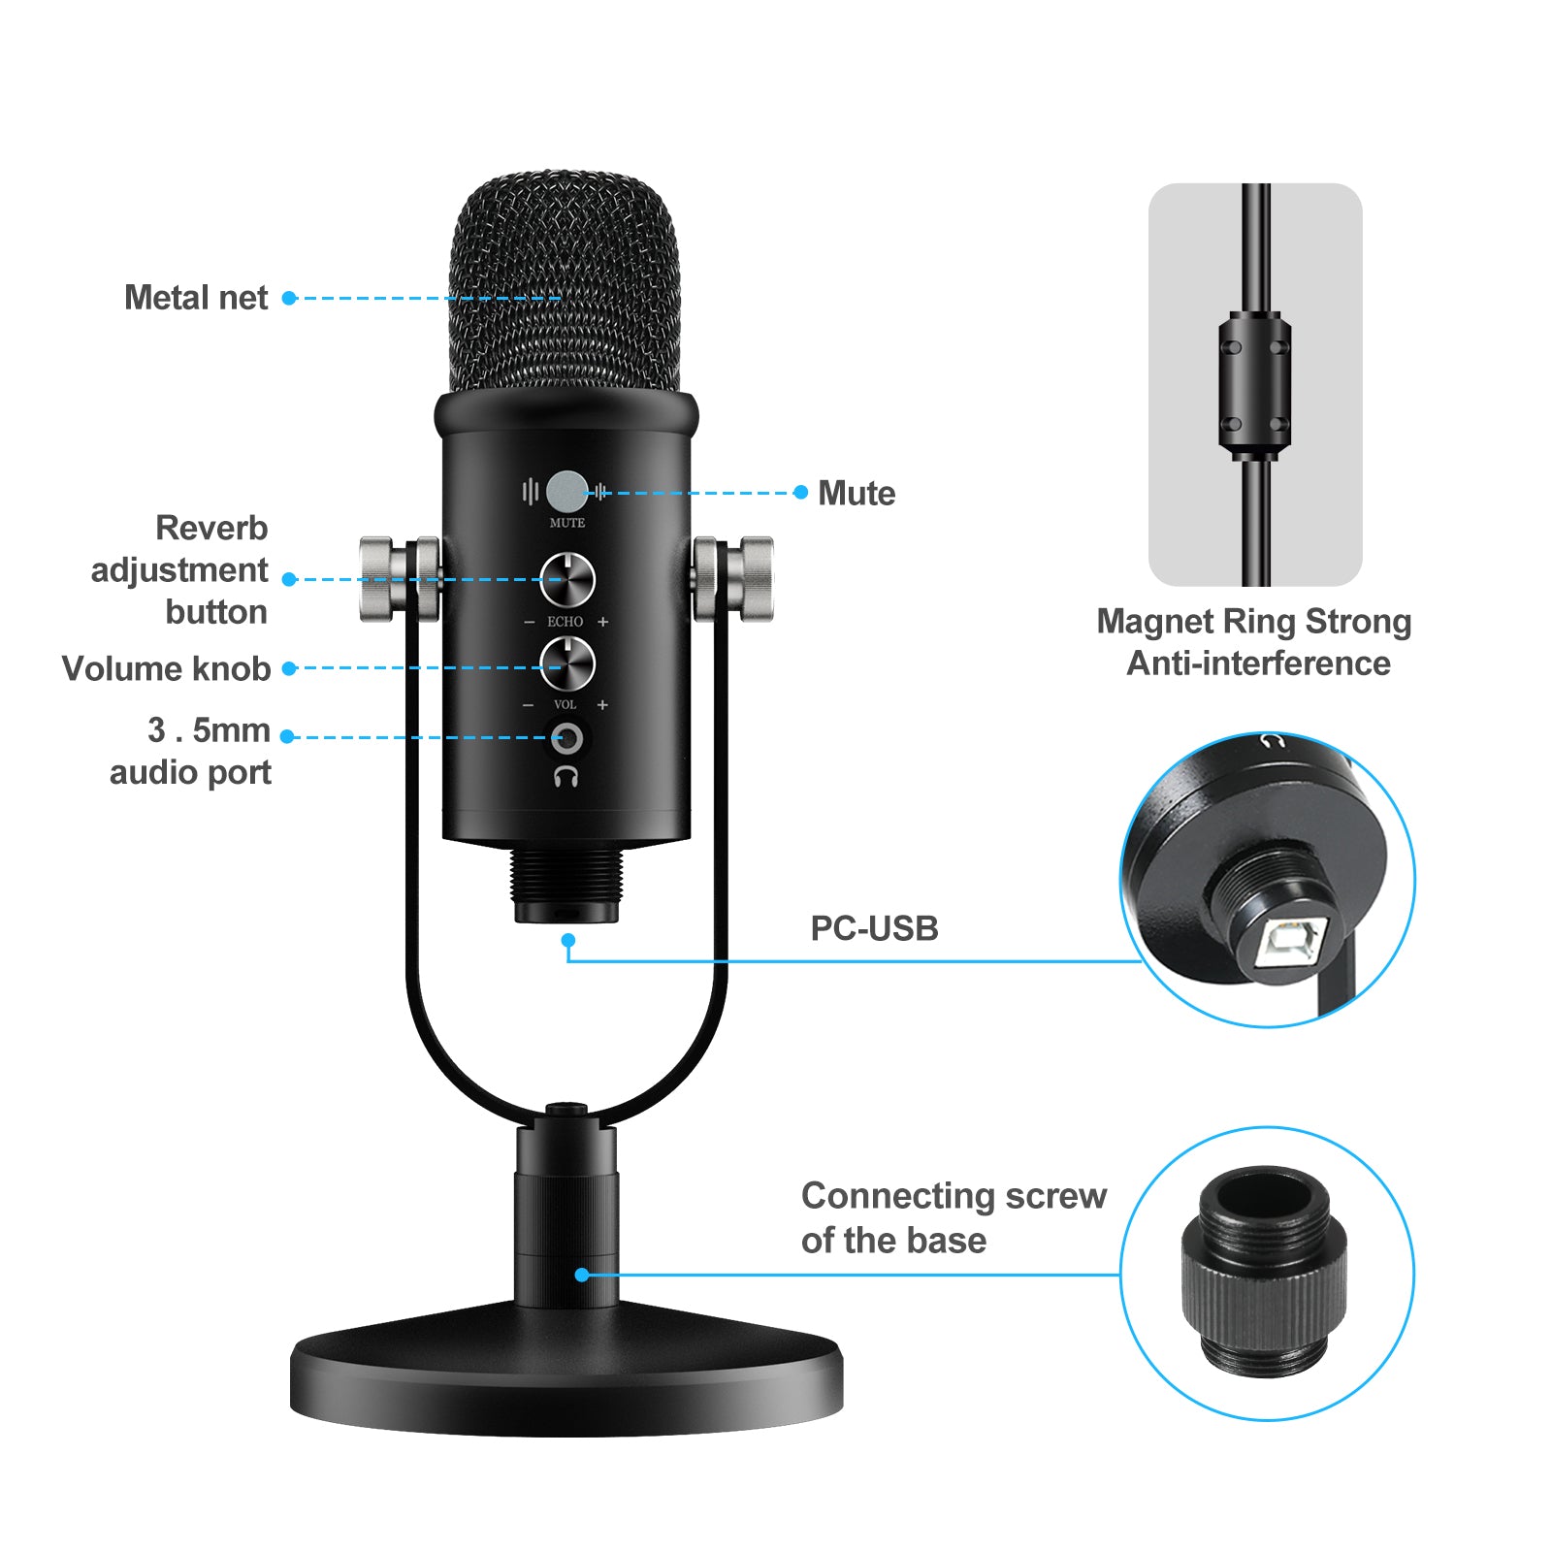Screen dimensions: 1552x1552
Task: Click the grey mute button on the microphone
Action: pos(566,492)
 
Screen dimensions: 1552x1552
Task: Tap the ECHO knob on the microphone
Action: pos(566,580)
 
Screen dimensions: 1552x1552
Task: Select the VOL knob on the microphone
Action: pos(566,664)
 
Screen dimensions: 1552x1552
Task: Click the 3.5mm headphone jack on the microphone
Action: pos(566,739)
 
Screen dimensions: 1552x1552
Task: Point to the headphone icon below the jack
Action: pos(566,776)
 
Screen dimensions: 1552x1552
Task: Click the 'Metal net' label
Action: pos(196,298)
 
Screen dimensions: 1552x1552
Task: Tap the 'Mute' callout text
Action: pos(856,494)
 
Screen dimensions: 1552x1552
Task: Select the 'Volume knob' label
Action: pos(166,668)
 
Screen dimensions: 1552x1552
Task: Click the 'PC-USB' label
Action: pos(874,928)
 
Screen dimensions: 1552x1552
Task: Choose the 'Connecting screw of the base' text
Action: pos(953,1217)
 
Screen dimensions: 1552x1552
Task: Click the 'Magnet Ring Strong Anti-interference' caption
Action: pos(1254,642)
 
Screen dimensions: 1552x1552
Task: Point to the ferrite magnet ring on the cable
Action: pos(1255,385)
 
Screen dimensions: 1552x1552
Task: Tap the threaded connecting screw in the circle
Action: pos(1265,1272)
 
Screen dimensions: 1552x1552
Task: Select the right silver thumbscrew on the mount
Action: pos(745,579)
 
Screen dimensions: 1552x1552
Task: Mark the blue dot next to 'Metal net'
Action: pos(289,298)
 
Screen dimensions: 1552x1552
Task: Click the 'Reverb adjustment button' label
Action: pos(179,570)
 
